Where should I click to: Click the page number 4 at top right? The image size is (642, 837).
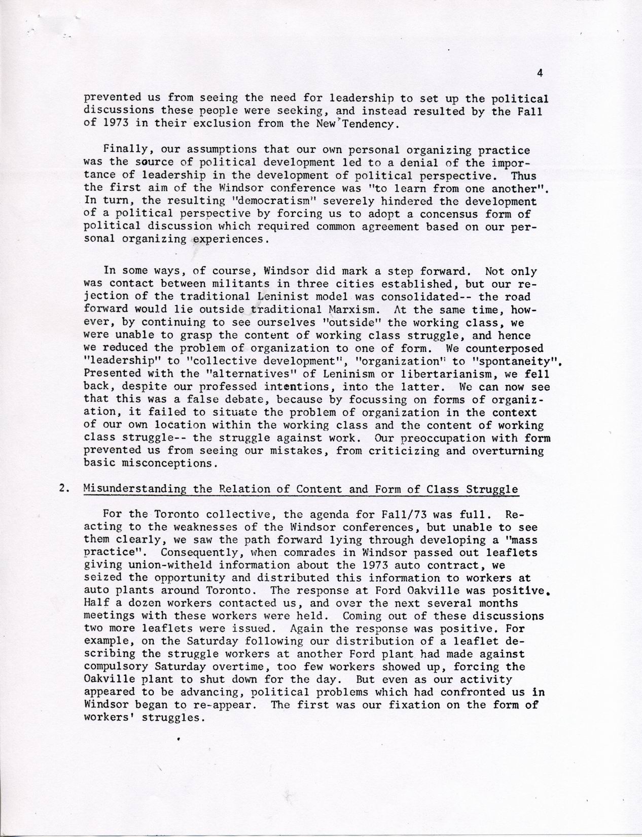click(540, 73)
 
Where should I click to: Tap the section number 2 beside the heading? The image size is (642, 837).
click(63, 489)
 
